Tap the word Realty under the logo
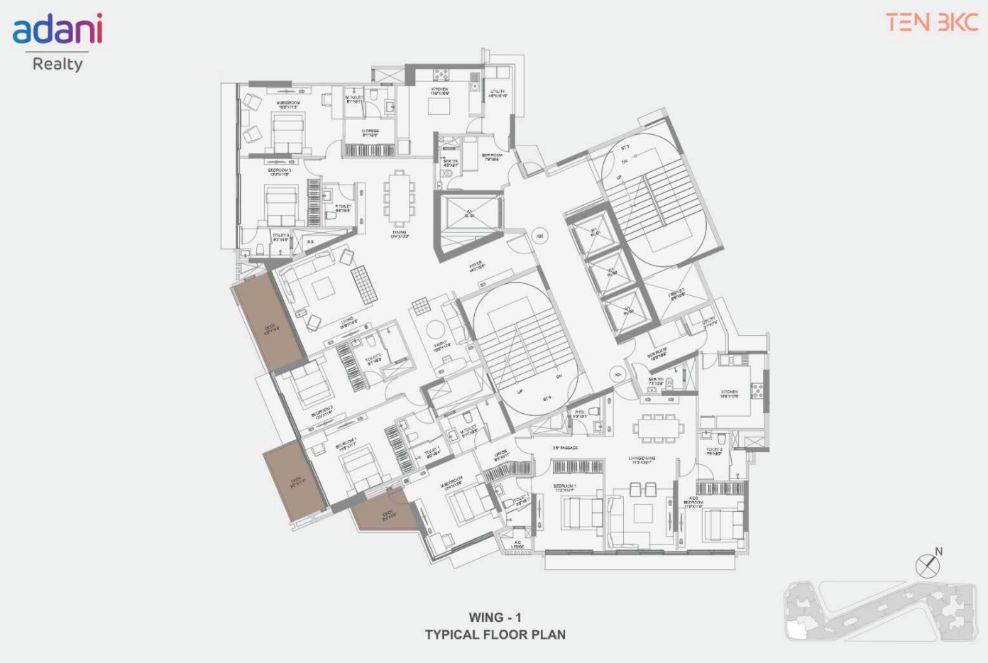57,64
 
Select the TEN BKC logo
932,22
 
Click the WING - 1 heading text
495,618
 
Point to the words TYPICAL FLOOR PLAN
495,635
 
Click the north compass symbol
927,566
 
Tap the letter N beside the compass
939,551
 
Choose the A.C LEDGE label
518,545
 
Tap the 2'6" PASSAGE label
566,448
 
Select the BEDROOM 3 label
279,171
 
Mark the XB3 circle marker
539,236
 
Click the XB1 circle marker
617,374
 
